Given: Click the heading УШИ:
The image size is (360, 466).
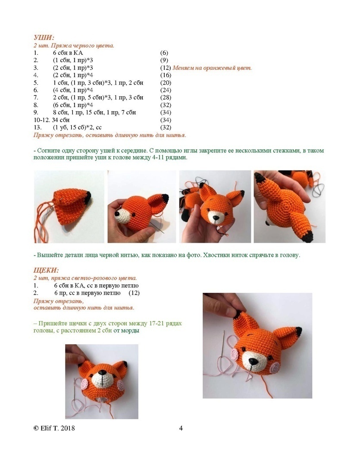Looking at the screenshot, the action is (x=44, y=38).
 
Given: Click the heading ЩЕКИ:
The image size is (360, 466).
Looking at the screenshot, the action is (x=46, y=271).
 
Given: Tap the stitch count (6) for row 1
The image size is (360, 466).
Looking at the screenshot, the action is (x=164, y=53).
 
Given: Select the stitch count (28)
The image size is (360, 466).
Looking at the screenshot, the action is (x=166, y=98).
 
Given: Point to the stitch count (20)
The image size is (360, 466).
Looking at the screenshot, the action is (x=166, y=82).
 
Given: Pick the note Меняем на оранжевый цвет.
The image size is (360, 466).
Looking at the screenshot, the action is (x=212, y=68).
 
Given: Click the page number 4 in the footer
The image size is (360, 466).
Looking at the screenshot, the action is (x=181, y=428).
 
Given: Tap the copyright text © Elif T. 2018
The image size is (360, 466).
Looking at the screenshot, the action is (x=54, y=428).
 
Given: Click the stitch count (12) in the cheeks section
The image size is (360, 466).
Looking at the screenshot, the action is (x=134, y=293).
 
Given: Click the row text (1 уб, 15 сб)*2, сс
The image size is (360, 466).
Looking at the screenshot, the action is (x=77, y=127).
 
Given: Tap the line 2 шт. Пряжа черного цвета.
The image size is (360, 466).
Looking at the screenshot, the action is (x=74, y=45).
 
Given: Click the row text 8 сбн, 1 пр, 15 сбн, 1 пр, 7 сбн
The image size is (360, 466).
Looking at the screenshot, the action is (x=94, y=113).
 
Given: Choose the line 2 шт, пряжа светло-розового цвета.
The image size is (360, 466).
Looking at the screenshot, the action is (x=85, y=278).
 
